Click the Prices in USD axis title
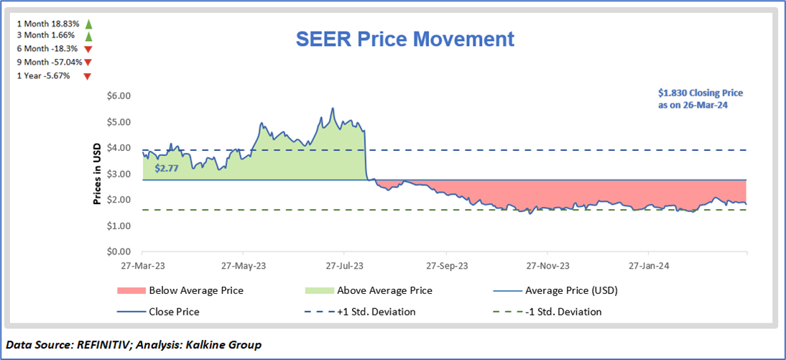pyautogui.click(x=97, y=172)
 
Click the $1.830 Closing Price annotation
pyautogui.click(x=700, y=98)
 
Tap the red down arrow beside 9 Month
pyautogui.click(x=88, y=62)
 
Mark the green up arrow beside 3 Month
pyautogui.click(x=88, y=36)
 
